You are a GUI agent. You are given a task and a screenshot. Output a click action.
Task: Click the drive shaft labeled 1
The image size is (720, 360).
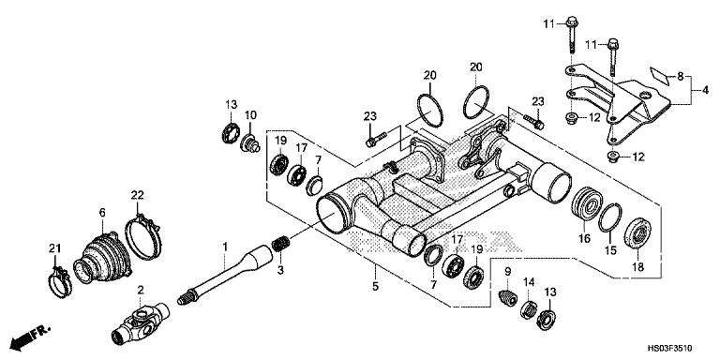tap(226, 275)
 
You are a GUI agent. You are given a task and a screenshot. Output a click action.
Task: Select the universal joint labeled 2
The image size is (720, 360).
tap(141, 322)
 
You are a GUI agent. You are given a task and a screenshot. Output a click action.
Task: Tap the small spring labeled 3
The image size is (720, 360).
tap(280, 244)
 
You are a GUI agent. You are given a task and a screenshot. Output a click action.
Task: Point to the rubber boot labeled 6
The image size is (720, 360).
tap(101, 259)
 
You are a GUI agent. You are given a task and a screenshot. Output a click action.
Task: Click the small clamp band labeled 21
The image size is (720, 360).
tap(60, 281)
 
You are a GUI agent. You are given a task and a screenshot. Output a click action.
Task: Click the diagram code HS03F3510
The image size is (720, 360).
tap(670, 349)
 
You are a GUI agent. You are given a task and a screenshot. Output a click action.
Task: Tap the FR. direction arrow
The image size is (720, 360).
tap(30, 337)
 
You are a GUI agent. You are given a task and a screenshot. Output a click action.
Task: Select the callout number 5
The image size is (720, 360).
tap(375, 287)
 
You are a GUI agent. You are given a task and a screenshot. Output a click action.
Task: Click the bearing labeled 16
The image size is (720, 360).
tap(587, 202)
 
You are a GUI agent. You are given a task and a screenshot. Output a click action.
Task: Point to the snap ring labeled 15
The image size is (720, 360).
tap(610, 218)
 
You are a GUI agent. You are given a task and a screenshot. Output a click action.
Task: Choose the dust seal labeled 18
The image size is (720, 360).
tap(637, 234)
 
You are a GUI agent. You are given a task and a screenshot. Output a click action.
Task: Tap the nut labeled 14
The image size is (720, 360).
tap(529, 309)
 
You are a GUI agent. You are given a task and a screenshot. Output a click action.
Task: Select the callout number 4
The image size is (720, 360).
tap(705, 90)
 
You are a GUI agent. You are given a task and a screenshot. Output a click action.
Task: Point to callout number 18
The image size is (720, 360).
tap(638, 267)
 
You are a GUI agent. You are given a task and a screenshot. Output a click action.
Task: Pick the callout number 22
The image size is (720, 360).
tap(137, 195)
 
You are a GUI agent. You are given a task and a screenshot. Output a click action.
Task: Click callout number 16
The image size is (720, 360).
tap(584, 240)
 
